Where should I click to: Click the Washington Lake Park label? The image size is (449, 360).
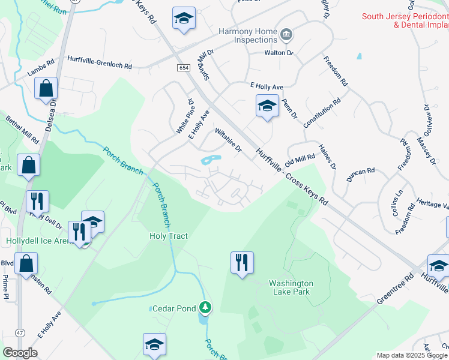point(291,288)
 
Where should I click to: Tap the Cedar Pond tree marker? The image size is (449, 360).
point(206,308)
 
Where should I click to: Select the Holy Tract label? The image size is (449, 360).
point(169,236)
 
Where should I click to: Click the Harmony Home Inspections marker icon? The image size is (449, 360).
point(286,34)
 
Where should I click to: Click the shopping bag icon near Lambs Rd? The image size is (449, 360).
point(46,89)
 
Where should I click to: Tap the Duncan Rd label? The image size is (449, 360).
point(360,175)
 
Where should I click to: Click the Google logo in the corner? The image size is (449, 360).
point(20,352)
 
